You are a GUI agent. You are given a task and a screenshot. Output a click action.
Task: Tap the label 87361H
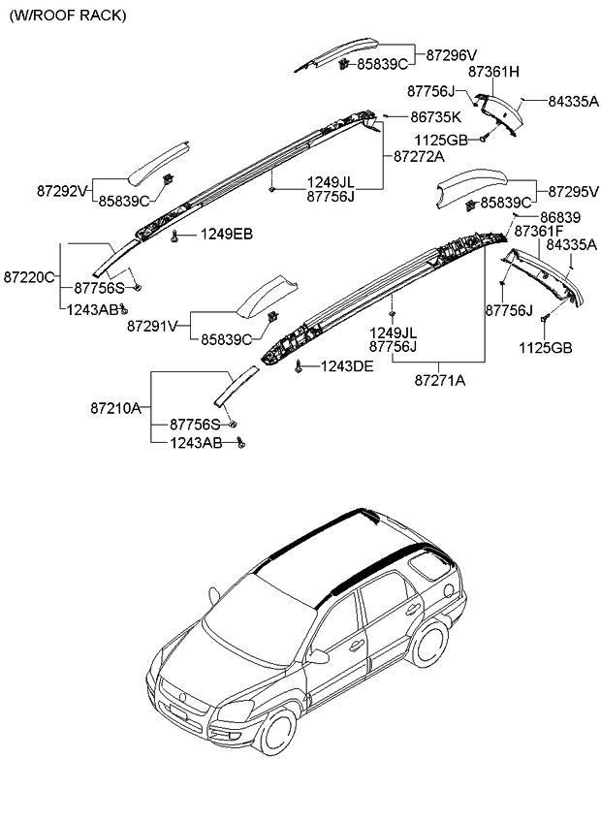point(493,72)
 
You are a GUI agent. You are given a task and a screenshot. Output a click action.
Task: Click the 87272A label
point(419,155)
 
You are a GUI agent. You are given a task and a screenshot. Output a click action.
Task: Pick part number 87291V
point(152,327)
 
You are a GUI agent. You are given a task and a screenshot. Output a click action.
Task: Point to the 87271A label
point(440,381)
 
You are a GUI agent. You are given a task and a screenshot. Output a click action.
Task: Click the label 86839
point(560,217)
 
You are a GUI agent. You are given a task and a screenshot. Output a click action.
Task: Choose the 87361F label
point(539,232)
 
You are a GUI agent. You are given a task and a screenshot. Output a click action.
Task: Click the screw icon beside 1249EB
point(174,236)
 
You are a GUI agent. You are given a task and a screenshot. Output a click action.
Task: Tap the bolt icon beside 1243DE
point(300,365)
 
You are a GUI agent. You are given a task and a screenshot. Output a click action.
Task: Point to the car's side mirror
point(318,656)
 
